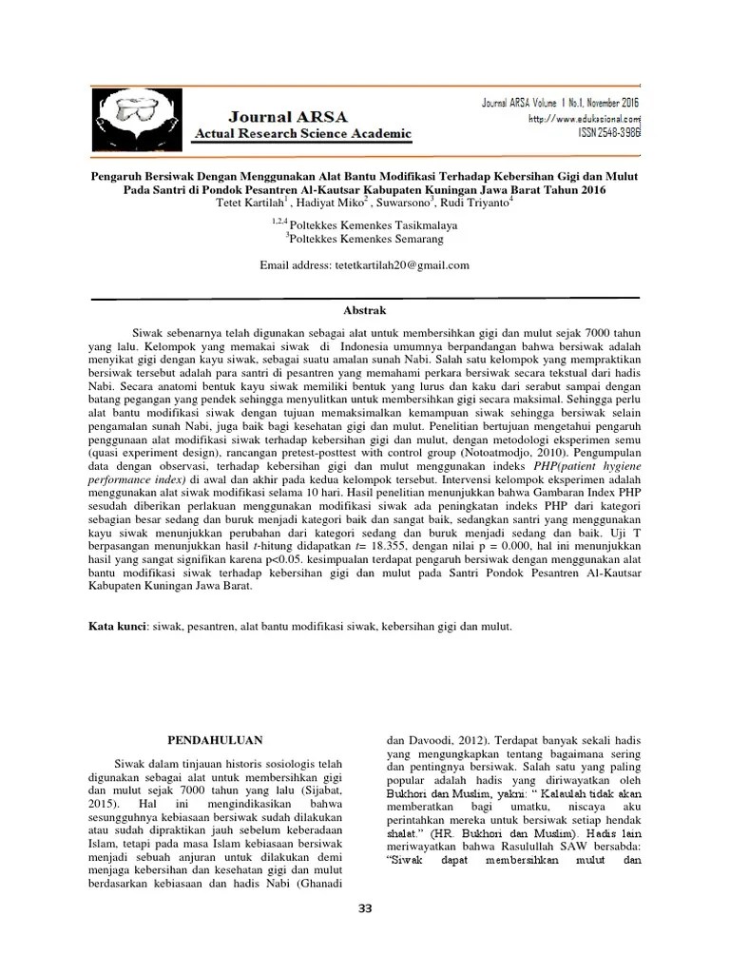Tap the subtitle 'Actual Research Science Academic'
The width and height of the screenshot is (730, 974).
(x=302, y=134)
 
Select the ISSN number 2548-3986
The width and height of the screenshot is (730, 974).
(x=608, y=135)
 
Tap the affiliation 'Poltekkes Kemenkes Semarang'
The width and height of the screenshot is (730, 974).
(x=366, y=240)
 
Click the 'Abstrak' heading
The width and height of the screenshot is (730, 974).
(x=364, y=310)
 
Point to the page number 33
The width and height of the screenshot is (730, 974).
(x=364, y=908)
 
